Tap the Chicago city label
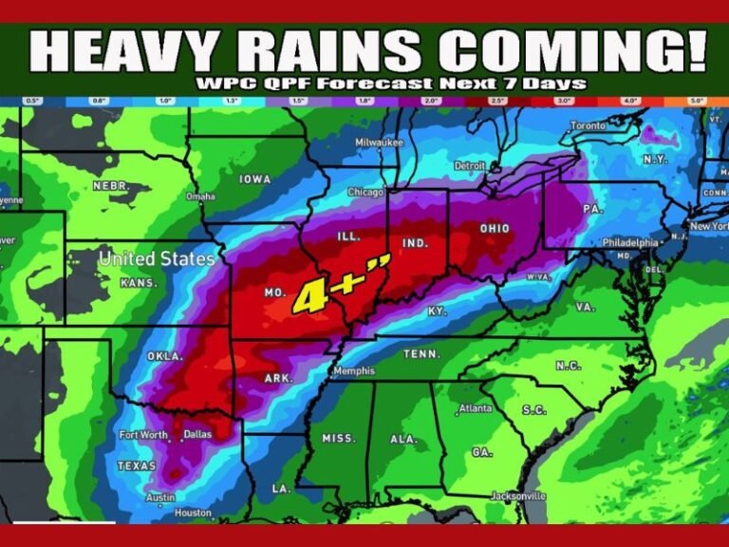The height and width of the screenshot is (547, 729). pyautogui.click(x=364, y=192)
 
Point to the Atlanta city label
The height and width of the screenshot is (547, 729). pyautogui.click(x=474, y=408)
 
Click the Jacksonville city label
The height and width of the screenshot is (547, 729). pyautogui.click(x=518, y=496)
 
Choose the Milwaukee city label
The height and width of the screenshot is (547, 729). pyautogui.click(x=380, y=142)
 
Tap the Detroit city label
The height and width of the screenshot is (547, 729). pyautogui.click(x=469, y=165)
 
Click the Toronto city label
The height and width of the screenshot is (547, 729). pyautogui.click(x=588, y=125)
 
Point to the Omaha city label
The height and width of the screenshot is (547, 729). pyautogui.click(x=200, y=197)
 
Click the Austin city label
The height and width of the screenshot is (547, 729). pyautogui.click(x=159, y=498)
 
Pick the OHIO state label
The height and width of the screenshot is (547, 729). pyautogui.click(x=495, y=228)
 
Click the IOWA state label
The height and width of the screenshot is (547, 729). pyautogui.click(x=254, y=179)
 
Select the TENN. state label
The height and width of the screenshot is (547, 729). pyautogui.click(x=422, y=353)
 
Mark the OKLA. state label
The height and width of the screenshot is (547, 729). pyautogui.click(x=163, y=355)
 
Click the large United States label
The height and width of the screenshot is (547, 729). pyautogui.click(x=157, y=258)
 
